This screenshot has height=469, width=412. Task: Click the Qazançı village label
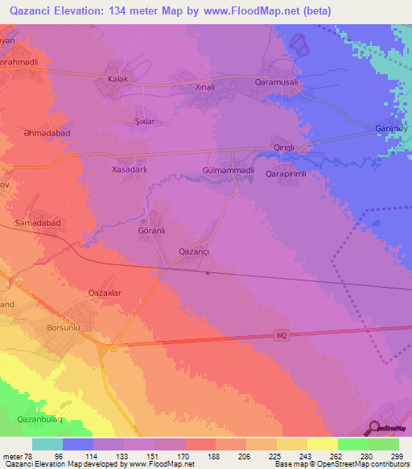(193, 252)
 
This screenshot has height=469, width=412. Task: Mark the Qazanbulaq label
(40, 420)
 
